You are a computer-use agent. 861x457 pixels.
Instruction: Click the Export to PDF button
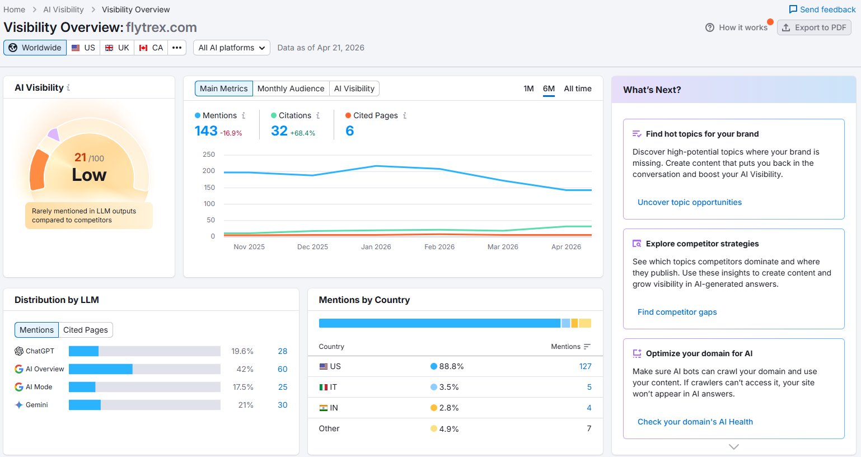click(x=814, y=27)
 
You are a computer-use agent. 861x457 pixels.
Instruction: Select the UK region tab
click(x=117, y=48)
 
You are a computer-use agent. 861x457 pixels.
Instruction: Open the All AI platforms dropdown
click(x=231, y=48)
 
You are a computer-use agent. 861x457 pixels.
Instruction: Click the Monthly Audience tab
click(x=291, y=88)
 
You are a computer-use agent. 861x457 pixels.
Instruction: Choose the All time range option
click(x=577, y=88)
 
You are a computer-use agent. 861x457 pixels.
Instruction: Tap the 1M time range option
click(x=528, y=88)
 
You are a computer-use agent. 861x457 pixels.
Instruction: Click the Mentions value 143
click(x=206, y=131)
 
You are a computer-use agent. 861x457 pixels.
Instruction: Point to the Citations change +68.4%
click(x=302, y=133)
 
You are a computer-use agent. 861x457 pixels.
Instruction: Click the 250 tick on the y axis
click(x=209, y=154)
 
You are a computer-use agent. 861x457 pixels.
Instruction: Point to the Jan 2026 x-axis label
click(x=376, y=246)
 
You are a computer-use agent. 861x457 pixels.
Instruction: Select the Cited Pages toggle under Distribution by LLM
click(x=85, y=330)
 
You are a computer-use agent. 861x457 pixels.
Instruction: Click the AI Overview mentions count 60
click(x=283, y=369)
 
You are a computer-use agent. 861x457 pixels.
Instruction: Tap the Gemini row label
click(x=37, y=405)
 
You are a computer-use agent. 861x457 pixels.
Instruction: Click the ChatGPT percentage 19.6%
click(x=242, y=351)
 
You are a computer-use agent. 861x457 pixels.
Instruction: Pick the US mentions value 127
click(x=585, y=366)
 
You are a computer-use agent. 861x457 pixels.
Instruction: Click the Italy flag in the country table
click(x=323, y=387)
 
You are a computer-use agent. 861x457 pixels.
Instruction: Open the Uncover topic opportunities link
click(x=690, y=202)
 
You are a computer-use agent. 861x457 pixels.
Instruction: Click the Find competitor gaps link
click(x=677, y=312)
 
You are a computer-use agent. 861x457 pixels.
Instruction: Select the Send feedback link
click(x=822, y=10)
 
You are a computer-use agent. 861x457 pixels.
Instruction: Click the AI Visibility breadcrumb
click(x=63, y=10)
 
